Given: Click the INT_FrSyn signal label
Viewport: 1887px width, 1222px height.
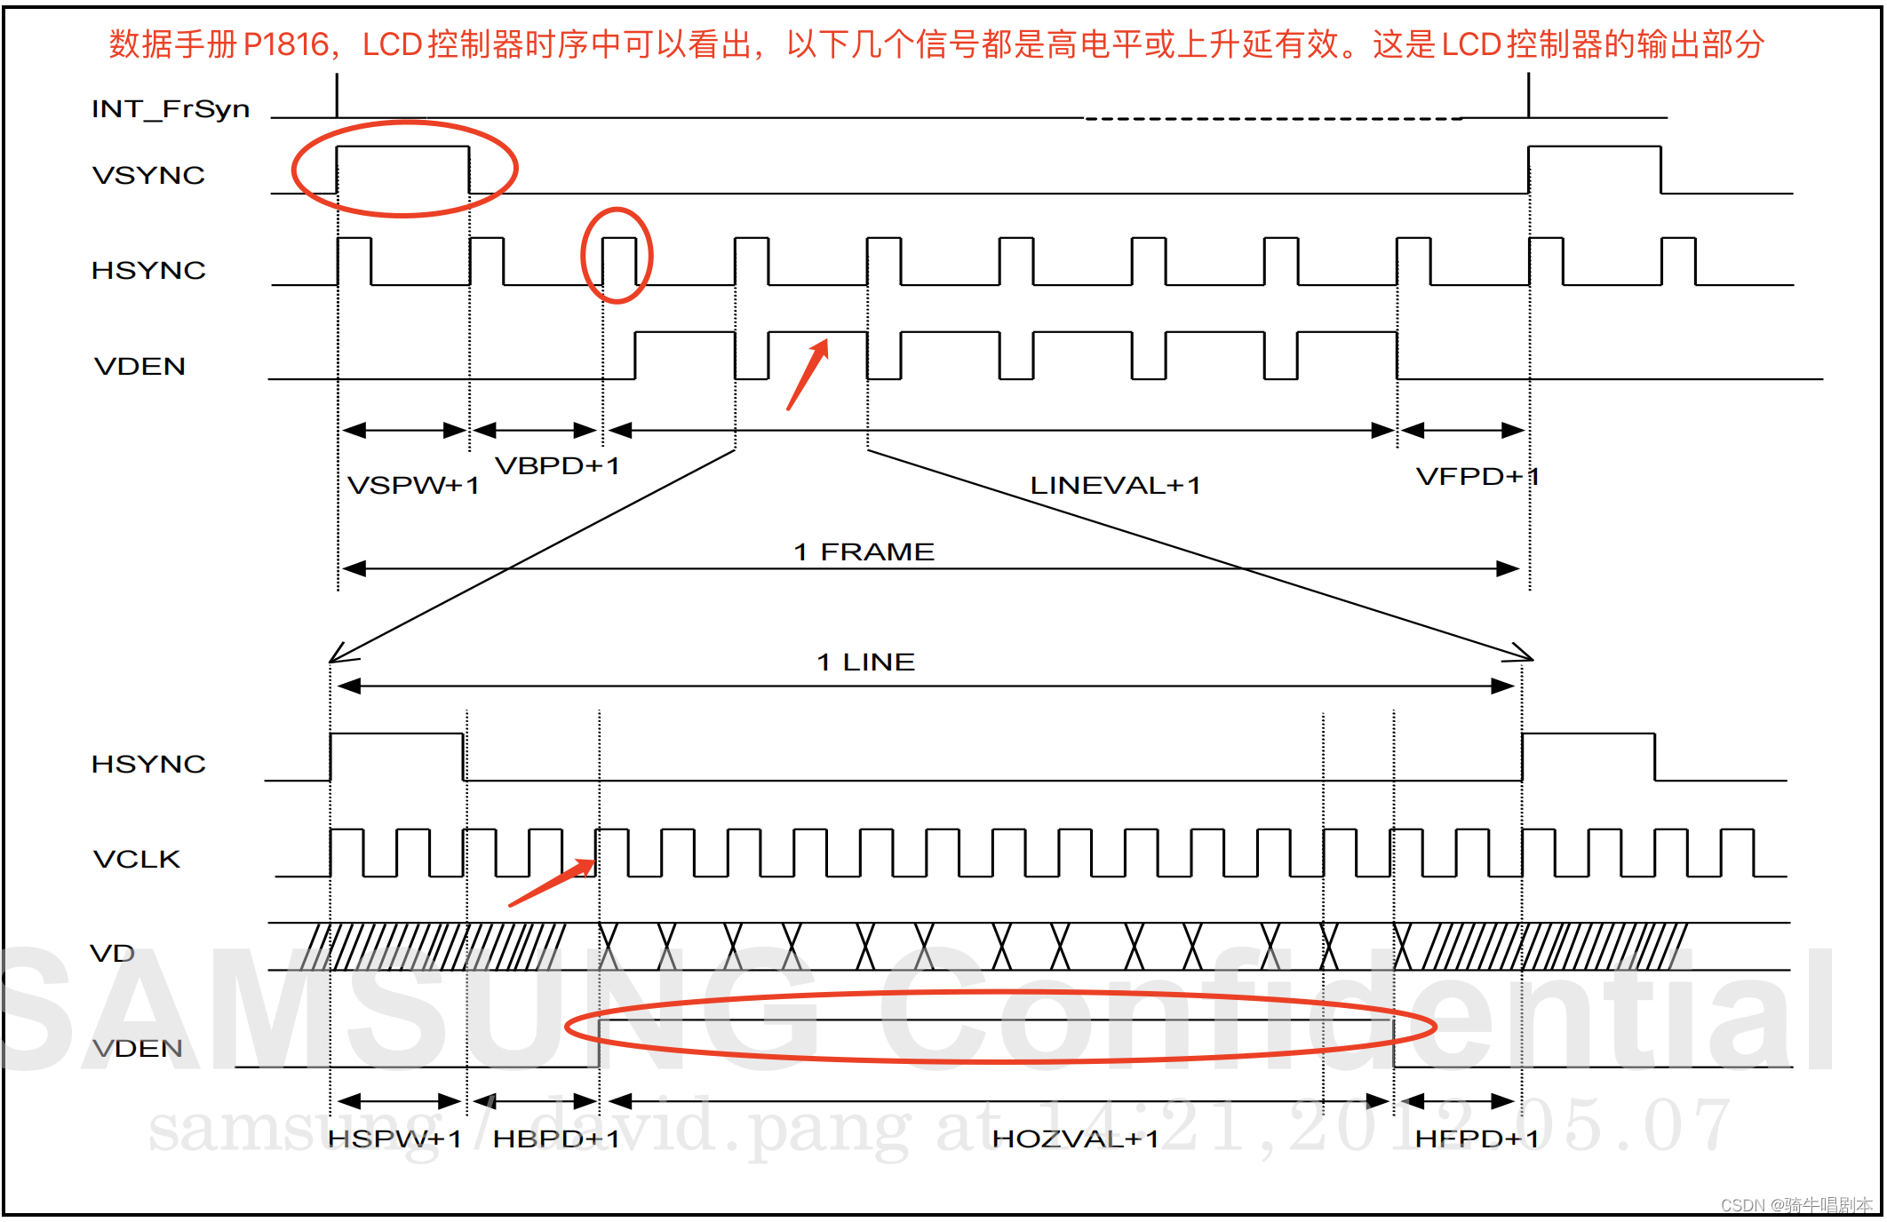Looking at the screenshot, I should (171, 109).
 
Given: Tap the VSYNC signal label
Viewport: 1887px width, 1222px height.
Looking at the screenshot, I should (148, 175).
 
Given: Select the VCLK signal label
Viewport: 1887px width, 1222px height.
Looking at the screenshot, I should (137, 859).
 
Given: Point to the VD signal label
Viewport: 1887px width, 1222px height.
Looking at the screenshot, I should (113, 954).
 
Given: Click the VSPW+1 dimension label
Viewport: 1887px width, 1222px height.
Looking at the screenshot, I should (413, 486).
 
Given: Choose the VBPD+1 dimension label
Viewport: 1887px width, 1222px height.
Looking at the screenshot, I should (557, 465).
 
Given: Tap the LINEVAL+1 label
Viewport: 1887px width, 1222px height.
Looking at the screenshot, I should (1115, 486).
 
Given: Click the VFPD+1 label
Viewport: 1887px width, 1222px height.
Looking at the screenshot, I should (1477, 477).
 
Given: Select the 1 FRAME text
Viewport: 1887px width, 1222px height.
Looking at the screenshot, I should (864, 551).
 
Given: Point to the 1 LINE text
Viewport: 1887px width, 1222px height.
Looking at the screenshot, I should (865, 662).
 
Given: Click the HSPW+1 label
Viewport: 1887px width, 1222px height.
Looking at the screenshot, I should (394, 1139).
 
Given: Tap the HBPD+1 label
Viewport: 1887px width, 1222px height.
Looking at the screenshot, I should (556, 1139).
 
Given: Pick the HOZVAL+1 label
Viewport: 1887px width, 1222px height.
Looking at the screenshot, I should (1075, 1139).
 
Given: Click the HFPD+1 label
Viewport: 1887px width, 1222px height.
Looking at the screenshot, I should (1477, 1139).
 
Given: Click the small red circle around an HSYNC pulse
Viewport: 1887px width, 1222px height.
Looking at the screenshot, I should (617, 256).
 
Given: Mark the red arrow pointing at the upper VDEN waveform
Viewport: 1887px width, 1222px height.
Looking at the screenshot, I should (808, 374).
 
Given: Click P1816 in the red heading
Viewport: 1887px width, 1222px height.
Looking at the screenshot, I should (286, 44).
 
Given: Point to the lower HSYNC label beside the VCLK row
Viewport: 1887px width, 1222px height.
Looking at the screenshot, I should (148, 764).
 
